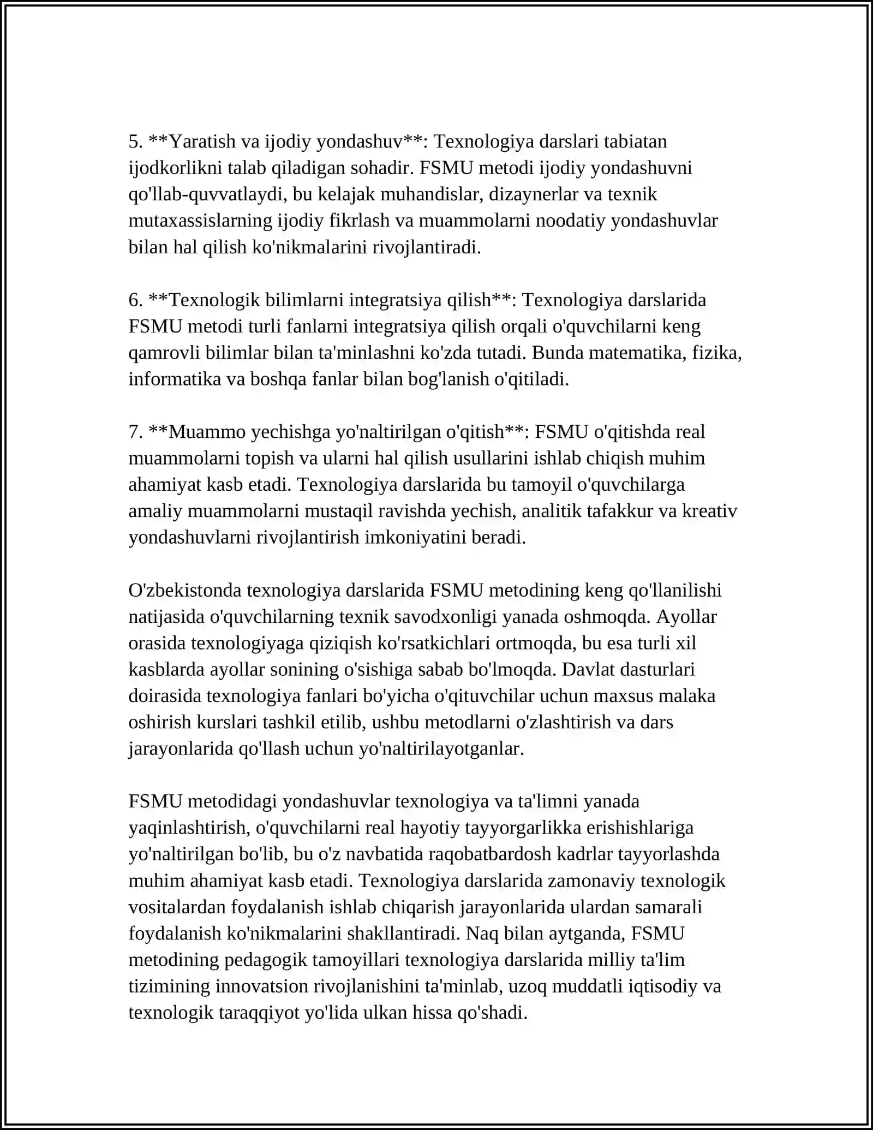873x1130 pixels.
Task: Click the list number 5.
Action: point(135,142)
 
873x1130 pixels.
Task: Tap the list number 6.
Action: point(135,300)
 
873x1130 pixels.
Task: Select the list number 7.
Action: point(135,432)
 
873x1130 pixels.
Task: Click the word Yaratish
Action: point(201,142)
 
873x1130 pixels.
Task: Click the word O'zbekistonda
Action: point(186,591)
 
